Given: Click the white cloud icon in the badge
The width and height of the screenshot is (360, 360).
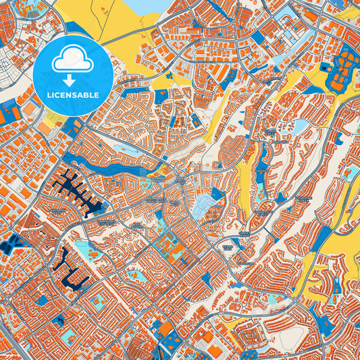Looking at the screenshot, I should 72,59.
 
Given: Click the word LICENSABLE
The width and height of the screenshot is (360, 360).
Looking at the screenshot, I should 72,95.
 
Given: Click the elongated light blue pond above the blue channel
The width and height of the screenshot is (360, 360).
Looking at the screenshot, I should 126,149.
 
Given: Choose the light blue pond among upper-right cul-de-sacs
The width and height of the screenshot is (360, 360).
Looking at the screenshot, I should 299,126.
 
